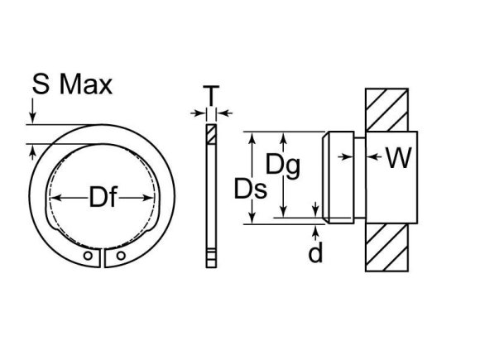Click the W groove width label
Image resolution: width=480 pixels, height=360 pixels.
tap(398, 157)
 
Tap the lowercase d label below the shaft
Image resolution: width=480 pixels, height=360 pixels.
tap(315, 252)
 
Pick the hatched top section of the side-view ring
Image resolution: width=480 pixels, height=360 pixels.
tap(210, 133)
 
